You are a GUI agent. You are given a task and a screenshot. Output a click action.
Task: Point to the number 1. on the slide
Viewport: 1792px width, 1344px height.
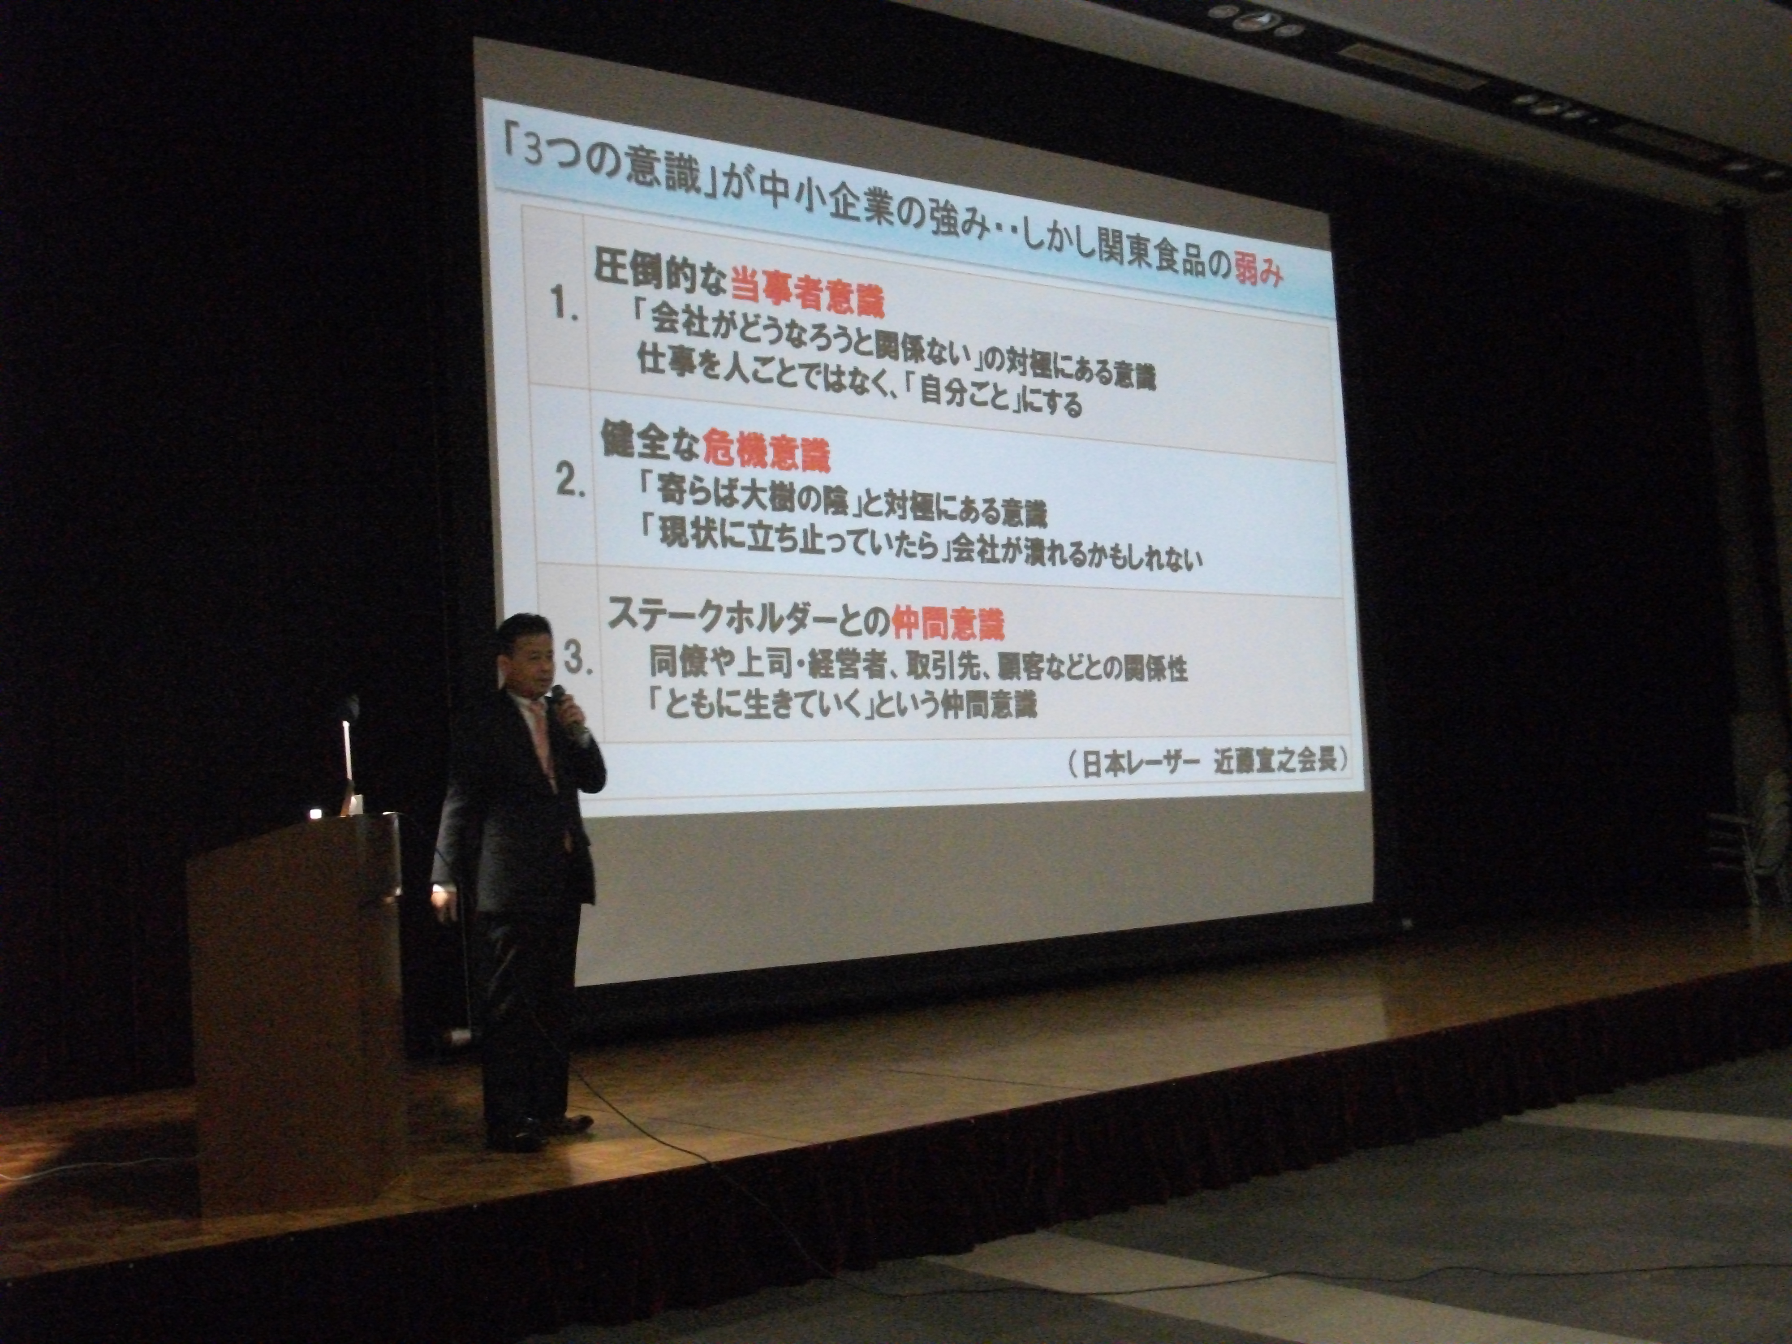(564, 306)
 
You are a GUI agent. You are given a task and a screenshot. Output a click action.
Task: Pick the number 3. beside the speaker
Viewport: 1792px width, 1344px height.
(577, 658)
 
